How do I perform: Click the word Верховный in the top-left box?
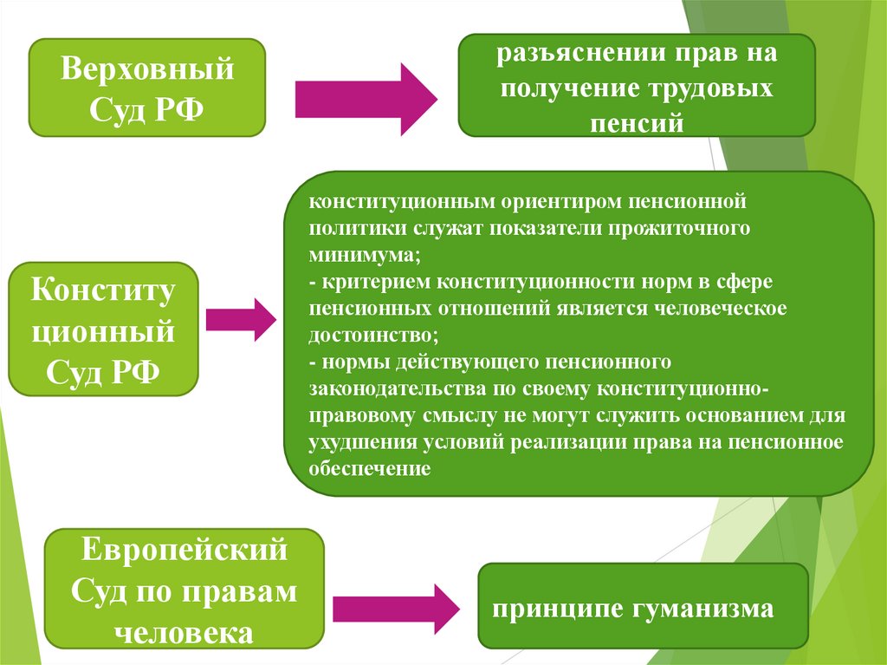(146, 68)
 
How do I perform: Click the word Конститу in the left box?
(103, 290)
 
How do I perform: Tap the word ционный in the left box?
(103, 330)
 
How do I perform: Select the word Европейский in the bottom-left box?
(184, 549)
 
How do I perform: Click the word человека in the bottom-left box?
(184, 633)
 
